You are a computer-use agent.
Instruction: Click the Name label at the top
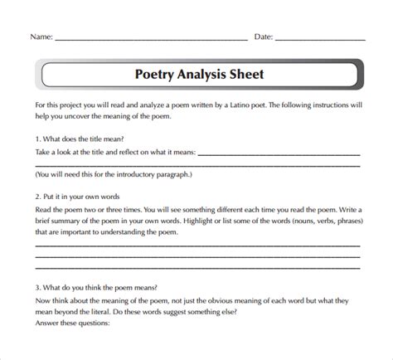[42, 38]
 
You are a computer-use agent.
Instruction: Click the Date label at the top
[262, 38]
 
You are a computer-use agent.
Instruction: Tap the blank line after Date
[319, 40]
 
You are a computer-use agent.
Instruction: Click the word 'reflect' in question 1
[133, 153]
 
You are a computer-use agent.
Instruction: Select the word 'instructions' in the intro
[327, 107]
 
